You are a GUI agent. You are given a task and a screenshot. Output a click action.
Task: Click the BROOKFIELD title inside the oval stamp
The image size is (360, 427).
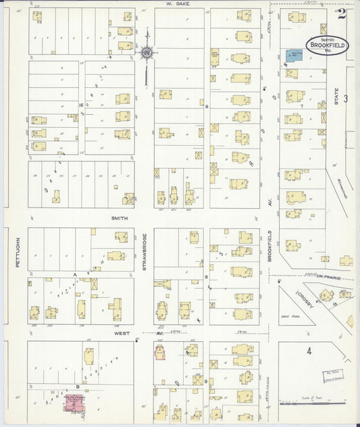[327, 46]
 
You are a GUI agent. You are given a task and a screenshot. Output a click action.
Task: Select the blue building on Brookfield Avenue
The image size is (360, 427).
[294, 54]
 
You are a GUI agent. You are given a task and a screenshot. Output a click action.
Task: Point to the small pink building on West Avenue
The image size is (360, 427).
[160, 353]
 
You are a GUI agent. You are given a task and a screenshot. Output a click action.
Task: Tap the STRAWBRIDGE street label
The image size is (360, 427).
[145, 252]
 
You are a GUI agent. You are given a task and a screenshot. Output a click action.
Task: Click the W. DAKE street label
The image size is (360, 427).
[178, 3]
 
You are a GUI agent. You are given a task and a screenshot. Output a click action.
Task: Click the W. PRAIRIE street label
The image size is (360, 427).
[327, 277]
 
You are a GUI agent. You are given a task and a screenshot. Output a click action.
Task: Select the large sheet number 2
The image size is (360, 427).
[342, 14]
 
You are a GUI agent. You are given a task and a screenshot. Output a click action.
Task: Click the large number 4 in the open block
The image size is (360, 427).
[309, 351]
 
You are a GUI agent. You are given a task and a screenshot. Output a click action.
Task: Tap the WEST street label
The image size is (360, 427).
[122, 333]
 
